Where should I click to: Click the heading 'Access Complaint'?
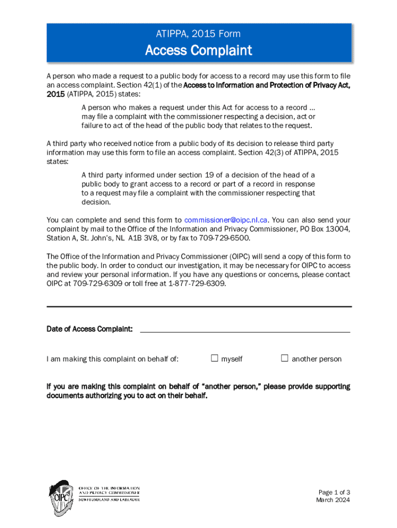[x=198, y=51]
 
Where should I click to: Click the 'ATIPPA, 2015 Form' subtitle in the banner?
[x=198, y=34]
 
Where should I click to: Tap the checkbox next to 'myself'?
[x=214, y=358]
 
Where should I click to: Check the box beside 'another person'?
[x=284, y=358]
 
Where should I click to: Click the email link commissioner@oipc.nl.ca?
[x=226, y=220]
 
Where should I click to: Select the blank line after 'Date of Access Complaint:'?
[x=245, y=329]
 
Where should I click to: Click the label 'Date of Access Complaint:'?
[x=90, y=329]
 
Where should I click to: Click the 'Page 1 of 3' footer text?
[x=334, y=492]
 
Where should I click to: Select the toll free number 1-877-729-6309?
[x=197, y=284]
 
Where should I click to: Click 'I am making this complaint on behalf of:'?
[x=112, y=359]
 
